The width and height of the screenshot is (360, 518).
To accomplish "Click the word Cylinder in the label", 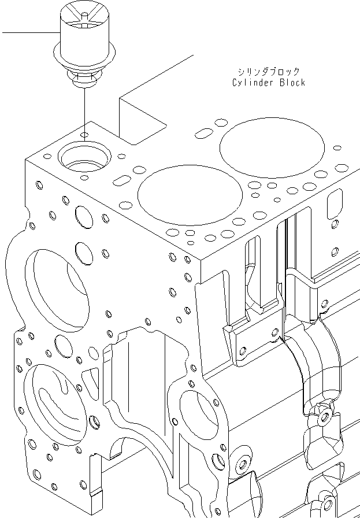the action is (254, 82).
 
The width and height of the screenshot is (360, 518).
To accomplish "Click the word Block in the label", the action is (292, 82).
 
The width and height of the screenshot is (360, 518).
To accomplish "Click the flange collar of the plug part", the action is (84, 54).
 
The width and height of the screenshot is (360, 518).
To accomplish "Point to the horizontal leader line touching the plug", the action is (31, 33).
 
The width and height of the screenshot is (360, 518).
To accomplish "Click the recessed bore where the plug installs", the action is (84, 157).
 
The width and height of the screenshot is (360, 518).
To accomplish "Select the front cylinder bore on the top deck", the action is (190, 195).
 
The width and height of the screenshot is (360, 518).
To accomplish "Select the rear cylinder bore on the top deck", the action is (272, 147).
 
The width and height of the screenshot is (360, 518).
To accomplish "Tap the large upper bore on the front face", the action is (57, 290).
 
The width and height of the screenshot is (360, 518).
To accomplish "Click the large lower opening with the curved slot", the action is (55, 403).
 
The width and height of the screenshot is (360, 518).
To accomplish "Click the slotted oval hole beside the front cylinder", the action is (122, 180).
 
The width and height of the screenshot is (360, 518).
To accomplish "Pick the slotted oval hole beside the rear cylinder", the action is (204, 134).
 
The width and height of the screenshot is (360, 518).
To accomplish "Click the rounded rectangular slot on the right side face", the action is (335, 204).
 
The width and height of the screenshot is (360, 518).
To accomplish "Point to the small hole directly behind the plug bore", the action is (84, 135).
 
